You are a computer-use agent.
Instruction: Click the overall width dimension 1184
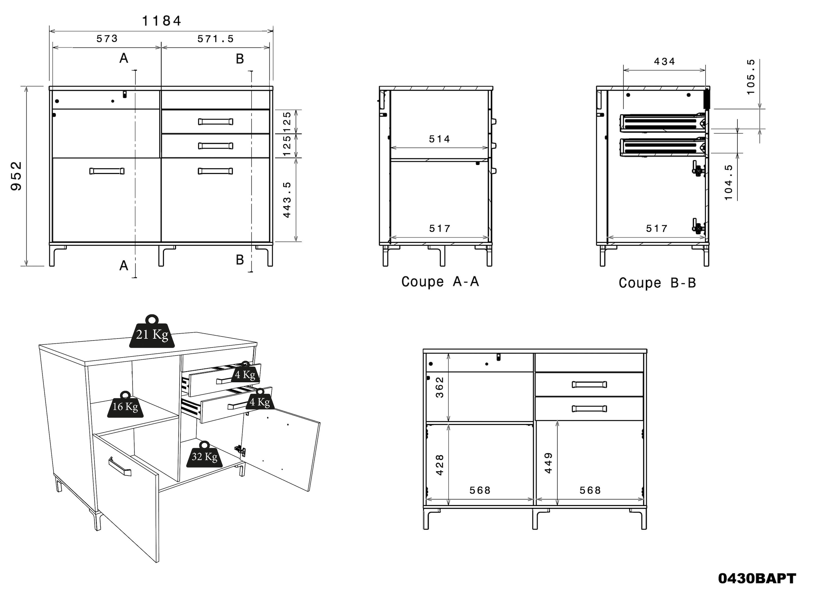161,21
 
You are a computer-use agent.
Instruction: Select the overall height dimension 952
16,176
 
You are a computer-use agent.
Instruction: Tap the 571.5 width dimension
216,39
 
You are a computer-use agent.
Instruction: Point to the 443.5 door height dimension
287,200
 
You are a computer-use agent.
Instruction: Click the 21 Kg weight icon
152,333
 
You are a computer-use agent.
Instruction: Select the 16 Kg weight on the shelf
125,406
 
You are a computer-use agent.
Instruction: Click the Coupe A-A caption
440,282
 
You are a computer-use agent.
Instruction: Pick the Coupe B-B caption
657,283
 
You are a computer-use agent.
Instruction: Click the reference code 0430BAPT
757,578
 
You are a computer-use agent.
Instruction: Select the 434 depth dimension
664,61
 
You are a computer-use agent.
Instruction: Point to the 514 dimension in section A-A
439,139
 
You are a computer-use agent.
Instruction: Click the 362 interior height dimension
440,387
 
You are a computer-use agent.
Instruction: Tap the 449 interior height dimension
548,463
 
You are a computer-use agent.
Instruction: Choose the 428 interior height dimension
440,465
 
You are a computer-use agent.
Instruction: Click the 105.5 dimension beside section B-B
751,77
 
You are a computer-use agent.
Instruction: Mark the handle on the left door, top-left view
107,171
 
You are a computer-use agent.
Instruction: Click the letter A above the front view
124,58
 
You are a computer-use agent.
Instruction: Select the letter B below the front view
240,260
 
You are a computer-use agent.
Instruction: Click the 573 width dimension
107,39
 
